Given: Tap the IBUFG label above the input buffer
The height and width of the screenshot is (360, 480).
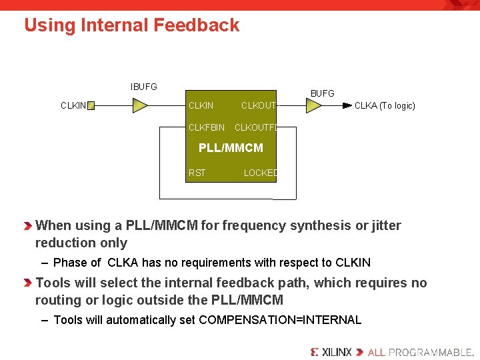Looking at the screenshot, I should (143, 87).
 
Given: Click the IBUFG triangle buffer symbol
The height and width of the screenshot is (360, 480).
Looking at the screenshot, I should (139, 105).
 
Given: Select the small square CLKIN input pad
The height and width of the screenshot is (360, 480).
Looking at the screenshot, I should (91, 105).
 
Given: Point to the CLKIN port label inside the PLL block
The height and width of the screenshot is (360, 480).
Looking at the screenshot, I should (201, 105).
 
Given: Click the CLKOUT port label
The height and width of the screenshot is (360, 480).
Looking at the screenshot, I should (258, 105).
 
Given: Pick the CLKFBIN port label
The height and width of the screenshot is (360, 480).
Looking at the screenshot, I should (207, 127).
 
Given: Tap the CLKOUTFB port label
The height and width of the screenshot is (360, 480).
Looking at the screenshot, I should (255, 127).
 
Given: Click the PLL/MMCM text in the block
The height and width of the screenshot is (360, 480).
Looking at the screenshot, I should (231, 148).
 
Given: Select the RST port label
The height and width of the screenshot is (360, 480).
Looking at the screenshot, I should (197, 173).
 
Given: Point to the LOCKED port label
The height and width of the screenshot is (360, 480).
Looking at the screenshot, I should (260, 173).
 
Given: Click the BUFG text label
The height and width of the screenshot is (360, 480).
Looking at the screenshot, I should (322, 93).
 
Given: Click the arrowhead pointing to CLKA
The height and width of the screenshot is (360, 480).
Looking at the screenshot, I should (347, 105).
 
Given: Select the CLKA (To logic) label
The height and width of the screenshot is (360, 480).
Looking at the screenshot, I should (385, 105).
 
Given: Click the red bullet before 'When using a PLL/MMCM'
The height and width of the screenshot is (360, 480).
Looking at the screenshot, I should (28, 226).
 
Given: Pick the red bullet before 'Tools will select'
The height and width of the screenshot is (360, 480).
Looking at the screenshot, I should (28, 283).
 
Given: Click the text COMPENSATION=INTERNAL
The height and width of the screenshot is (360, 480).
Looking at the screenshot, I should (280, 320).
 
